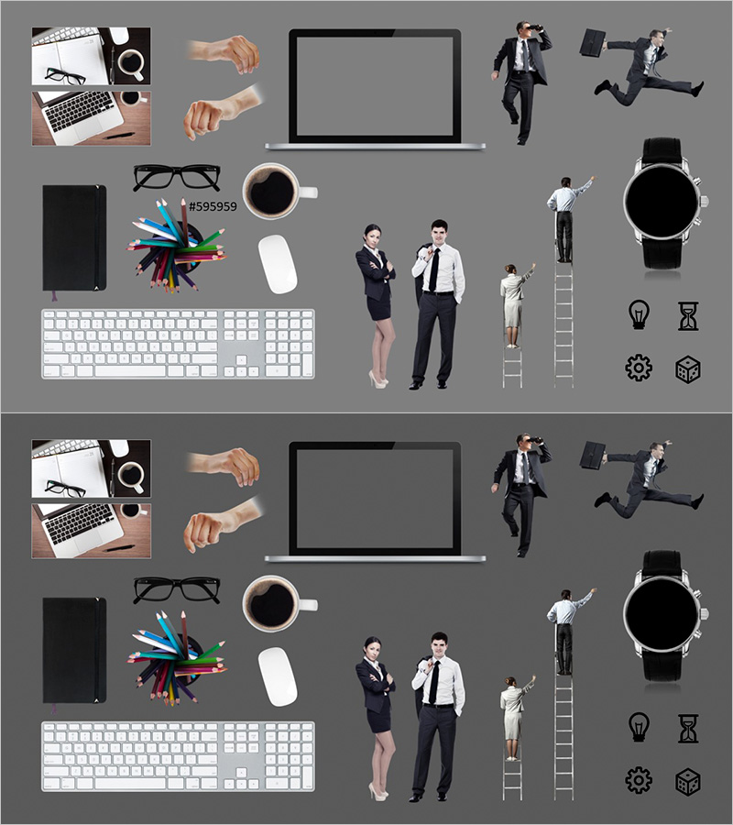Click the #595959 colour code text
pyautogui.click(x=213, y=207)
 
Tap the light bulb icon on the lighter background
pyautogui.click(x=639, y=314)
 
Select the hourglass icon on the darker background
pyautogui.click(x=688, y=728)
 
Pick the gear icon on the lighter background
pyautogui.click(x=639, y=368)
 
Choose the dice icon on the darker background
pyautogui.click(x=688, y=781)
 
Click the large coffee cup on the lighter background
pyautogui.click(x=278, y=191)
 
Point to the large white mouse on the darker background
pyautogui.click(x=278, y=676)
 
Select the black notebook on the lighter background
pyautogui.click(x=74, y=237)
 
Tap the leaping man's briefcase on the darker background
pyautogui.click(x=592, y=455)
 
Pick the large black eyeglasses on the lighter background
pyautogui.click(x=177, y=177)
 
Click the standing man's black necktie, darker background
pyautogui.click(x=433, y=682)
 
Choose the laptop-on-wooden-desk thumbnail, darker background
pyautogui.click(x=91, y=531)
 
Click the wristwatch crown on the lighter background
pyautogui.click(x=705, y=201)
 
